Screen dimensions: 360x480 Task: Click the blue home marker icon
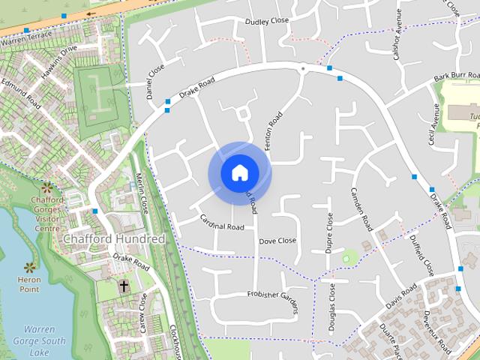(239, 173)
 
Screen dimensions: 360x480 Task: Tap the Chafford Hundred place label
(114, 238)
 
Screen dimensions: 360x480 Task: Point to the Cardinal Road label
(222, 222)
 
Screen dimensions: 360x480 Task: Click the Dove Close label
(277, 241)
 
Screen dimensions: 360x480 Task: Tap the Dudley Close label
(266, 21)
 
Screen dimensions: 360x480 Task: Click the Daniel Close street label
(155, 80)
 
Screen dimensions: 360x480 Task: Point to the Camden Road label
(361, 208)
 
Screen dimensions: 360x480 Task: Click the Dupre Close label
(329, 232)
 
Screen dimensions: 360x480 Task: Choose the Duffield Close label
(421, 255)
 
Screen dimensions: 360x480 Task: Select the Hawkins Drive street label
(59, 55)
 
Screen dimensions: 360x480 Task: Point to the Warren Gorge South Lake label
(44, 340)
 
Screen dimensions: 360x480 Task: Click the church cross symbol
(124, 286)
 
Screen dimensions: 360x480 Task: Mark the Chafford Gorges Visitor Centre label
(47, 214)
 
